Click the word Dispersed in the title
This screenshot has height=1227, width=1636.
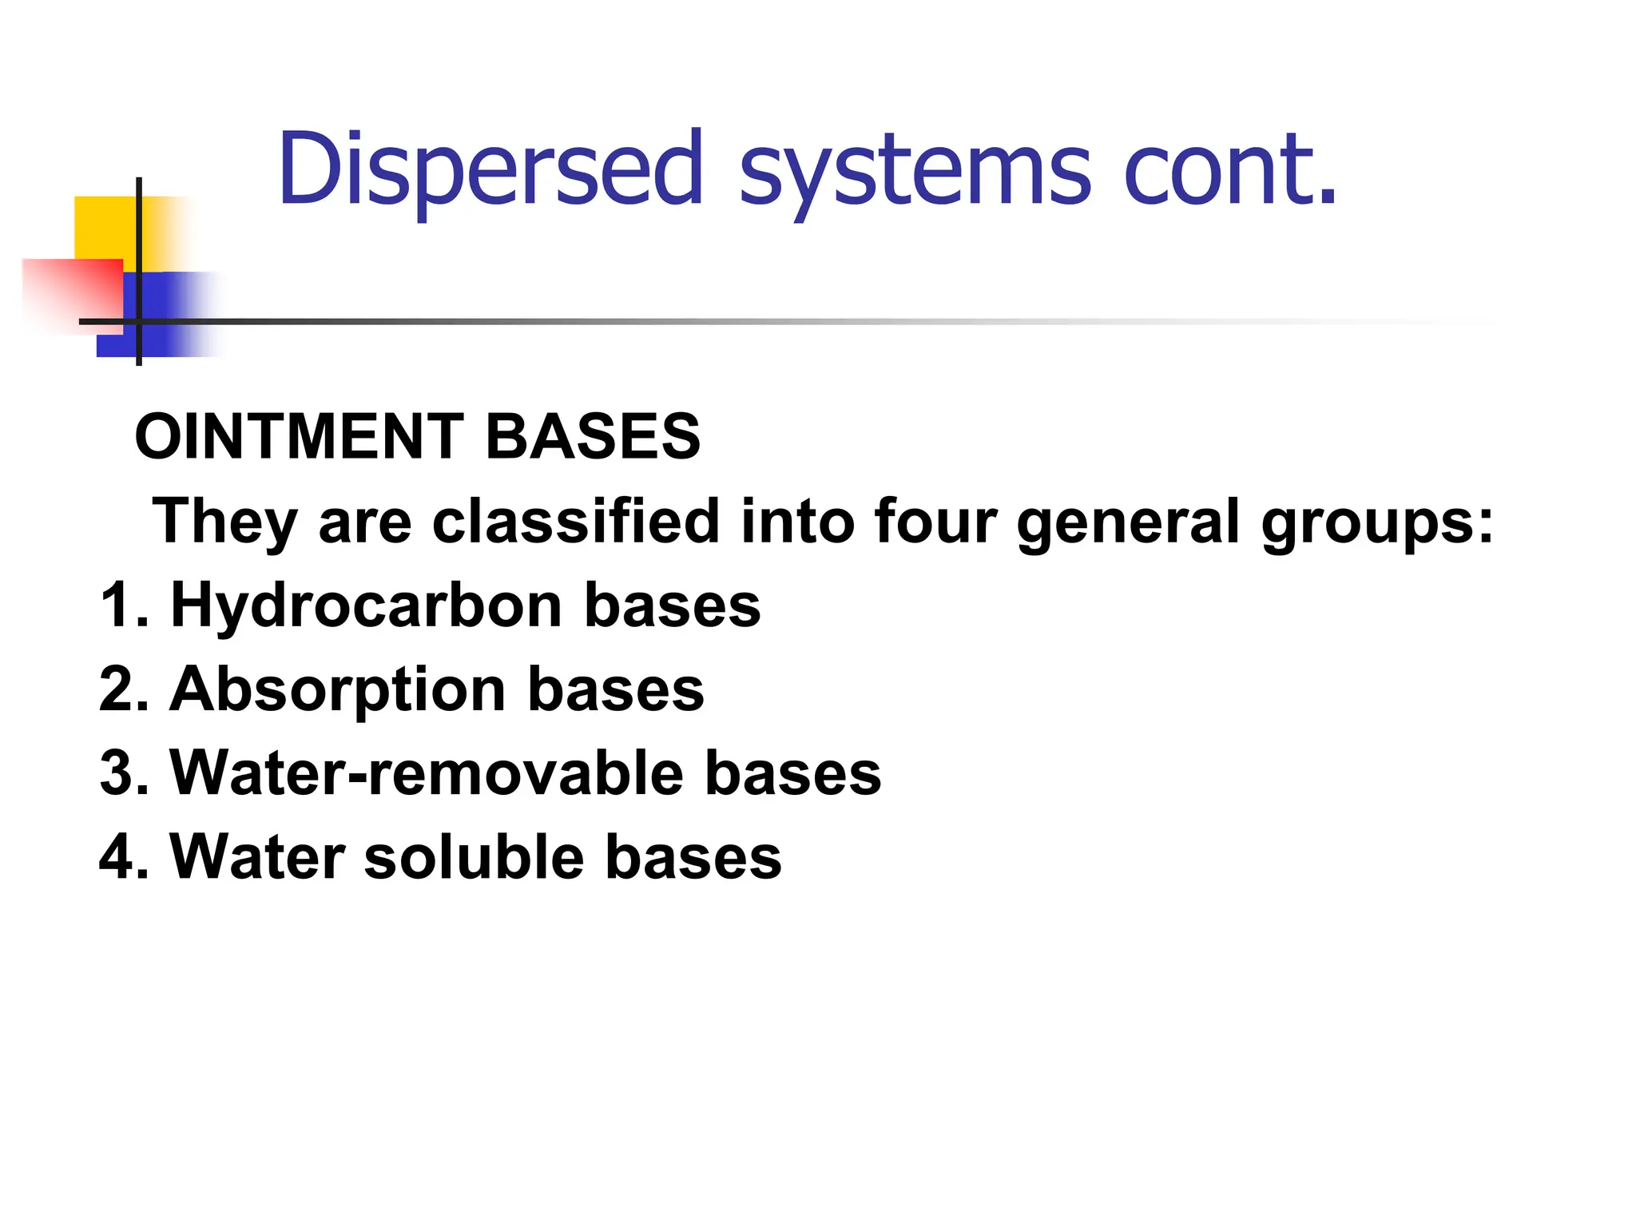(x=490, y=169)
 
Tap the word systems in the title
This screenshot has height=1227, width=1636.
(x=915, y=172)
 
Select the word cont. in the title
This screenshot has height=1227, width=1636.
(x=1230, y=169)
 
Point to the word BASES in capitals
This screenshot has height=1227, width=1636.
(x=593, y=437)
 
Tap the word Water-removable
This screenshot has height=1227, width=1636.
(x=427, y=773)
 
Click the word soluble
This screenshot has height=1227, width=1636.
(x=474, y=857)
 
